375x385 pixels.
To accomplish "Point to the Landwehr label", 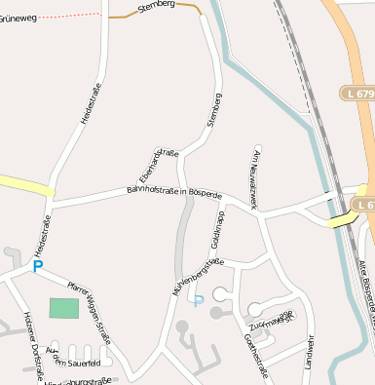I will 310,350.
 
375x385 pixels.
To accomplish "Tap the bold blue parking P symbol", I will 38,266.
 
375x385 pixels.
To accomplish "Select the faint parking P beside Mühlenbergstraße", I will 198,300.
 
